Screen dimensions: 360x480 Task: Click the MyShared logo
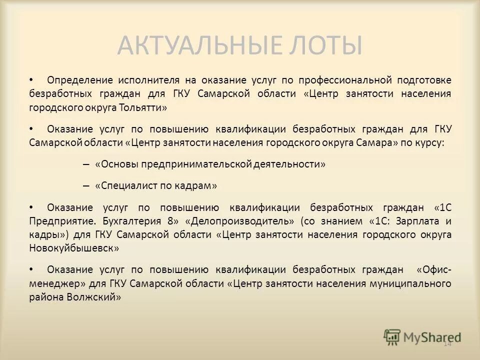pos(422,336)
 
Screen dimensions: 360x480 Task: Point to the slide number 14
pos(447,343)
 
